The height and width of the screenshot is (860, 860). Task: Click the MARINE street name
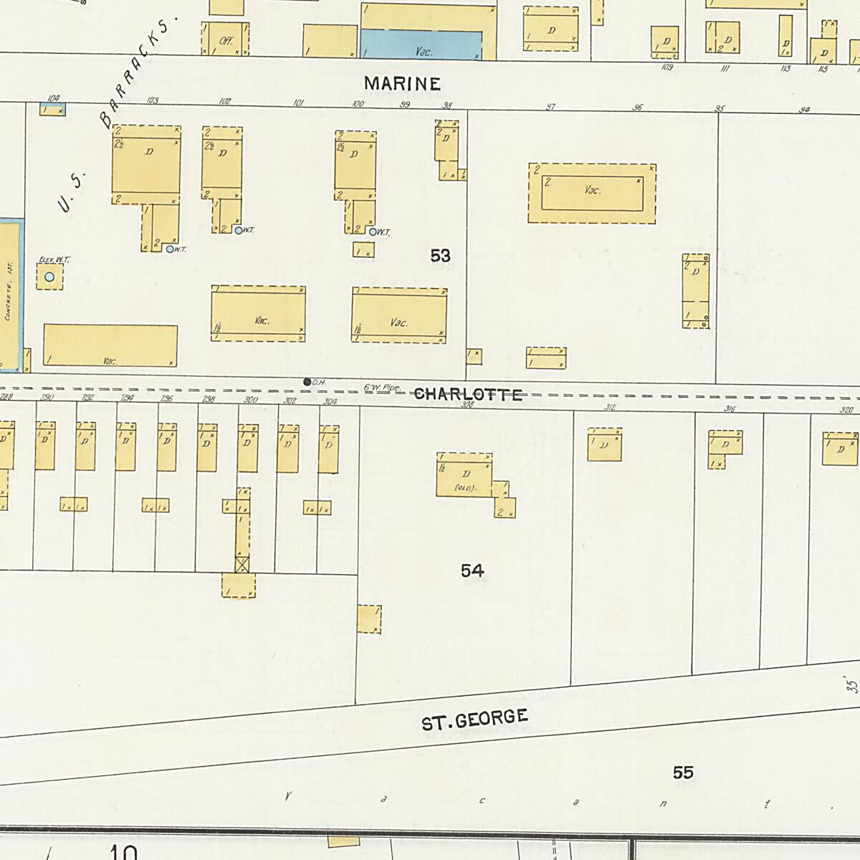[x=401, y=84]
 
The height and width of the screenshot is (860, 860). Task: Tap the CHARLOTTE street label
[x=468, y=395]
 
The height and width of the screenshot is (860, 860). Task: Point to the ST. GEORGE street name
[x=475, y=720]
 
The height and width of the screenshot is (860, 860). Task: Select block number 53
[x=440, y=256]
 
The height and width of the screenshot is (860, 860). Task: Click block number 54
[x=472, y=570]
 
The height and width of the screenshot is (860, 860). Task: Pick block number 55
[x=683, y=773]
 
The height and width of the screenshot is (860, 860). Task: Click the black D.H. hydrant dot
[x=307, y=382]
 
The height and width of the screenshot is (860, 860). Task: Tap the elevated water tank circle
[x=49, y=277]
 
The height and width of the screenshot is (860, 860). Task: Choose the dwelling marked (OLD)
[x=464, y=477]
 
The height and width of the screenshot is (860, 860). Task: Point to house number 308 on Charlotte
[x=467, y=405]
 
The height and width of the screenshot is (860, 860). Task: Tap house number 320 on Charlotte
[x=846, y=410]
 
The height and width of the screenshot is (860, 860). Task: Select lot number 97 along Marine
[x=550, y=107]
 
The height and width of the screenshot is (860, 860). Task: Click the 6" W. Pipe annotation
[x=381, y=388]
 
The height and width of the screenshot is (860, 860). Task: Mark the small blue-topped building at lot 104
[x=52, y=110]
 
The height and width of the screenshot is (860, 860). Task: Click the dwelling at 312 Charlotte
[x=604, y=445]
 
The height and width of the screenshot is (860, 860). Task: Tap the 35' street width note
[x=851, y=684]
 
